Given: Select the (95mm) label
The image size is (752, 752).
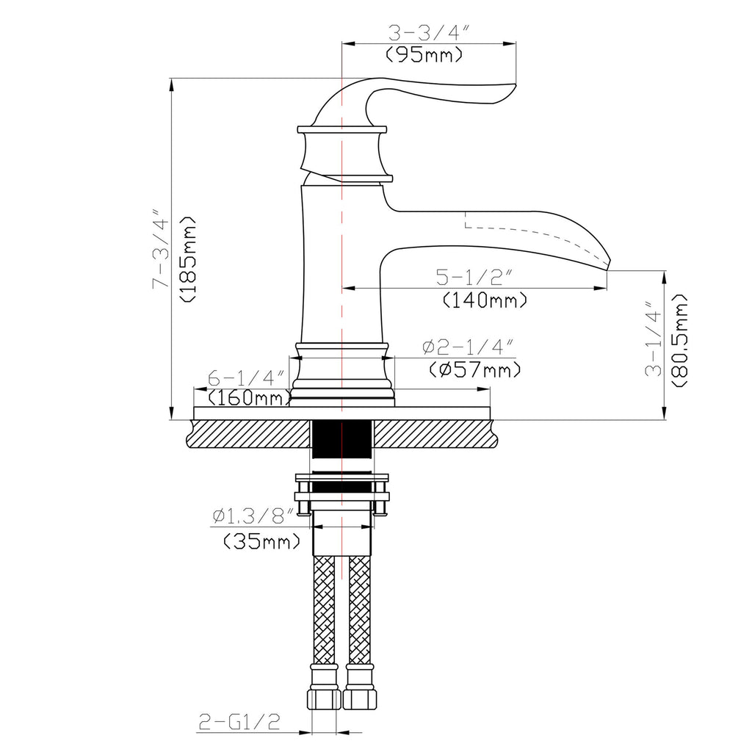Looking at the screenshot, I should click(424, 54).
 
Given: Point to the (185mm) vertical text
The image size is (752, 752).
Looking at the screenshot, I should click(187, 259).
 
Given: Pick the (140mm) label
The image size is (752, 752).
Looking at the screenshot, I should click(485, 300).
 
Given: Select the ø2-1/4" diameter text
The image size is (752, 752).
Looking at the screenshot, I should click(467, 347).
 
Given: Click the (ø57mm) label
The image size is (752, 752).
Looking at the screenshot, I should click(473, 369).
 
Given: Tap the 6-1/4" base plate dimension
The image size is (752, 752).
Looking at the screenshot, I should click(245, 378).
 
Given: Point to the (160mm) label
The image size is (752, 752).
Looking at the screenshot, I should click(247, 398).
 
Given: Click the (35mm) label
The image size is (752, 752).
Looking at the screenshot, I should click(261, 542).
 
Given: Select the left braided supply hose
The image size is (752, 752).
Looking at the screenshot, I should click(324, 610).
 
